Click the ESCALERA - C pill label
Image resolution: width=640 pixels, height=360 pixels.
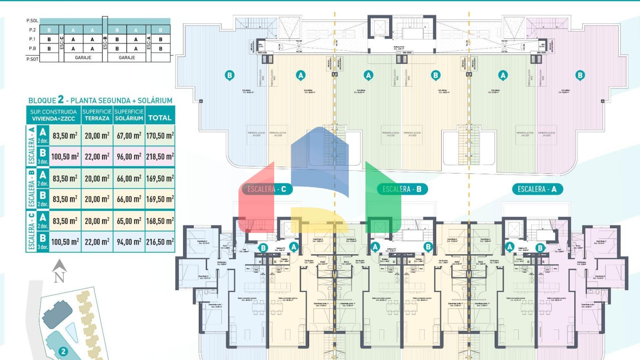tap(267, 189)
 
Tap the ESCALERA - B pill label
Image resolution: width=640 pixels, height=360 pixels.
tap(402, 189)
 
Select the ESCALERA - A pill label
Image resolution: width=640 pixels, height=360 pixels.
tap(537, 189)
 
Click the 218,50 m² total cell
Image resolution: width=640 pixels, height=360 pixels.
tap(160, 157)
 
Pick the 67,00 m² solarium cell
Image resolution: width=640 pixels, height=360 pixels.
tap(129, 136)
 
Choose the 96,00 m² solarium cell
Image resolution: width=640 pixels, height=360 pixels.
tap(129, 157)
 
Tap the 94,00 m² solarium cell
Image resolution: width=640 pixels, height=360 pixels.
tap(129, 242)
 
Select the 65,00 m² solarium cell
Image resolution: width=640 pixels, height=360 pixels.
tap(129, 221)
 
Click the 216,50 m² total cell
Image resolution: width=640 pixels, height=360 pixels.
tap(160, 242)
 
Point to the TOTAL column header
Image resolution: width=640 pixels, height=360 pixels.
tap(160, 118)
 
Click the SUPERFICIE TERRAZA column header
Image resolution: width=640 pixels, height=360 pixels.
tap(97, 115)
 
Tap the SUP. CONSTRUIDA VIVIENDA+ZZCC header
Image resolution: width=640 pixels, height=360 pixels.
tap(53, 115)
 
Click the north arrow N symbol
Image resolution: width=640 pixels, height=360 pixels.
tap(59, 272)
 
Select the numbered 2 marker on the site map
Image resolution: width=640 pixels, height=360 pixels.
tap(63, 352)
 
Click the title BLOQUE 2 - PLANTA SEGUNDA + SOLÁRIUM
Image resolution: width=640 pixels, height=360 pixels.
tap(100, 100)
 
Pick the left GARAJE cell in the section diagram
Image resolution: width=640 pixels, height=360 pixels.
tap(83, 57)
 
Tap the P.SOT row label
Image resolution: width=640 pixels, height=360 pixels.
tap(32, 59)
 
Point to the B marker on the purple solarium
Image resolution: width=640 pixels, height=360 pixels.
tap(580, 75)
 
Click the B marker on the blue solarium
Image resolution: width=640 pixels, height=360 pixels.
tap(229, 75)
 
